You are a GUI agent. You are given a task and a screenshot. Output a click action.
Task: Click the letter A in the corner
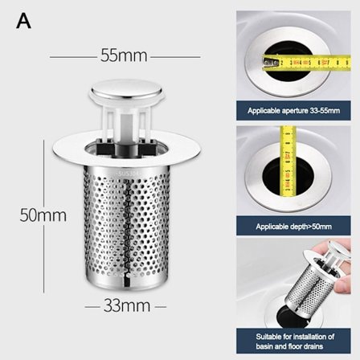23,21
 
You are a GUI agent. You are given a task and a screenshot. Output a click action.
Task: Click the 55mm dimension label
124,56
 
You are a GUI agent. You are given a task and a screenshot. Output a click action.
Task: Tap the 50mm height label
43,215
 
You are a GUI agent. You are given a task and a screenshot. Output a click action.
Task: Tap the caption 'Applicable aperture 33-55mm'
293,109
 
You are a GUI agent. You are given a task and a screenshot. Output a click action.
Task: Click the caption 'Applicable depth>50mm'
293,227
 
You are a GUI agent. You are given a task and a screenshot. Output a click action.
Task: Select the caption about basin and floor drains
293,340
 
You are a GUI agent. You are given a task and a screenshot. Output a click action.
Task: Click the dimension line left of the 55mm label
72,56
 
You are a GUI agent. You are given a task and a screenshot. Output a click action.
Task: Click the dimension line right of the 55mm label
175,56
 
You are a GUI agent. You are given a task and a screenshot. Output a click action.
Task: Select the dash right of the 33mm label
160,306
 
